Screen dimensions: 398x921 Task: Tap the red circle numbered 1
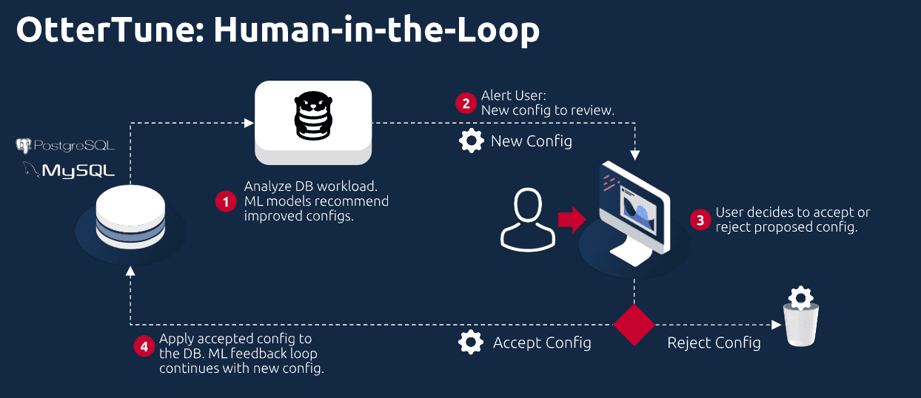[226, 200]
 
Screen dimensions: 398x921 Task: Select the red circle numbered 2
[466, 103]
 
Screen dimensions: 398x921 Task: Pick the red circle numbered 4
[144, 346]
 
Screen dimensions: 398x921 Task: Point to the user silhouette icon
[528, 220]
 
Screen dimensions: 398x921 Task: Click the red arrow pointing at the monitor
[570, 220]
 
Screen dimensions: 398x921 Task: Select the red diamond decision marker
[634, 324]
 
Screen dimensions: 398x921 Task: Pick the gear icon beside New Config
[472, 141]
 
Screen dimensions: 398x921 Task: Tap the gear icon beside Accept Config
[472, 343]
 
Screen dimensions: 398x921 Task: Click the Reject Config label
[714, 343]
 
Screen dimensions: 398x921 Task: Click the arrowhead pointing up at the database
[130, 271]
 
